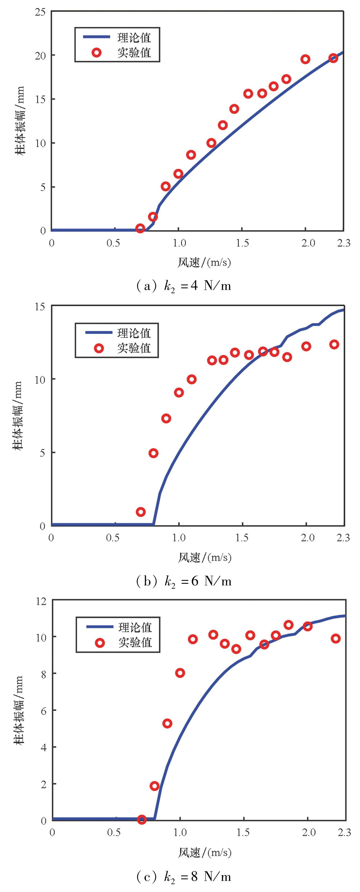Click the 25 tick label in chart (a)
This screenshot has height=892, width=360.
(x=40, y=12)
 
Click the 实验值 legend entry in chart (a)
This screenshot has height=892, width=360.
(x=134, y=53)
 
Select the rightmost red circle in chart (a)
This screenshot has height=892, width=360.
(x=333, y=58)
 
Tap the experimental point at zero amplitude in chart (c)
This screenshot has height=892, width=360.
(x=141, y=819)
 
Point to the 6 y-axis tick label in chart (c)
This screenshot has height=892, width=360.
(x=43, y=710)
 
